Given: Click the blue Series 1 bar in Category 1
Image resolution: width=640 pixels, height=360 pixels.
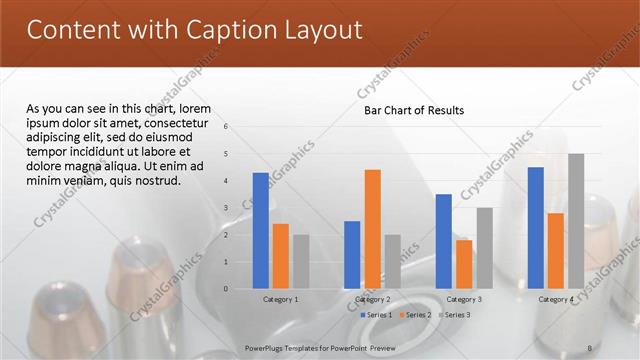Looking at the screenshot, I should click(x=261, y=230).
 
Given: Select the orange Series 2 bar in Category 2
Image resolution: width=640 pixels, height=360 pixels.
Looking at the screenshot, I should click(x=372, y=229).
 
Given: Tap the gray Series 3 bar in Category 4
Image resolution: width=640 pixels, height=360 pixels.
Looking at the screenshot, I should click(x=576, y=221).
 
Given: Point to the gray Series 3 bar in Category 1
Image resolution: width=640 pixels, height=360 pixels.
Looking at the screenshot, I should click(x=301, y=261).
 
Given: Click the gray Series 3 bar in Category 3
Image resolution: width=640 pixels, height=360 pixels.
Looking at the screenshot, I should click(x=484, y=248).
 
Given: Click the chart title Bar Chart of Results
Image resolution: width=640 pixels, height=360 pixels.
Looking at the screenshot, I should click(x=413, y=110).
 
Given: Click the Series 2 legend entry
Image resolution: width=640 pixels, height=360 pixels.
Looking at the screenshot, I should click(x=414, y=315).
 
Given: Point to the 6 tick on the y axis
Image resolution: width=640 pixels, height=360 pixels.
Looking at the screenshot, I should click(x=227, y=127).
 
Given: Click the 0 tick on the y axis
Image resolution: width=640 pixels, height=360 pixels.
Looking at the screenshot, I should click(x=227, y=289).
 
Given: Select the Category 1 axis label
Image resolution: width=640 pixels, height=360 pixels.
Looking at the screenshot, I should click(x=281, y=300).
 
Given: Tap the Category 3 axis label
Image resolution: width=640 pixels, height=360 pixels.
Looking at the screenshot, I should click(x=464, y=300).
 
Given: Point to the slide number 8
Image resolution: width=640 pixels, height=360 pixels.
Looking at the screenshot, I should click(x=589, y=347).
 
